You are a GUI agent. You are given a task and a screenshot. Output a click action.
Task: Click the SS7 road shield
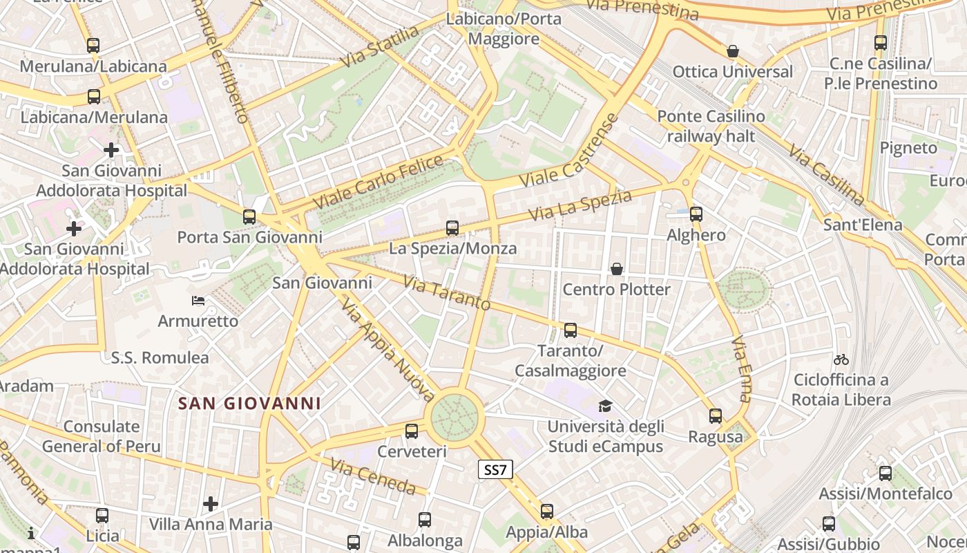pyautogui.click(x=495, y=470)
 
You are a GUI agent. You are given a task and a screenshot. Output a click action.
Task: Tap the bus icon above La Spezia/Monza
pyautogui.click(x=452, y=227)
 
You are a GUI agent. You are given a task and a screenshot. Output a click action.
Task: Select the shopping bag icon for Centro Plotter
pyautogui.click(x=616, y=269)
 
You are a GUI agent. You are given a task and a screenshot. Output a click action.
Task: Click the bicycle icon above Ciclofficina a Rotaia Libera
pyautogui.click(x=841, y=359)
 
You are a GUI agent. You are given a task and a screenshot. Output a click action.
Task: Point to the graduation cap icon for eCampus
pyautogui.click(x=605, y=406)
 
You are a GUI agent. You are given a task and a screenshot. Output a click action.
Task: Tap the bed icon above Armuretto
pyautogui.click(x=198, y=301)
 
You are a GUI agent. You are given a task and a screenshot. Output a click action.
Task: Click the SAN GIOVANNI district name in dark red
pyautogui.click(x=249, y=403)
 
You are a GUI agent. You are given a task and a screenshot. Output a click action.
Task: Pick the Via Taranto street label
pyautogui.click(x=447, y=293)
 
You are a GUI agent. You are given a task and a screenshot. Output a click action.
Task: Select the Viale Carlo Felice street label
pyautogui.click(x=378, y=182)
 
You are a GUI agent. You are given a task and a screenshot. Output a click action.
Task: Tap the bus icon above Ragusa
pyautogui.click(x=716, y=416)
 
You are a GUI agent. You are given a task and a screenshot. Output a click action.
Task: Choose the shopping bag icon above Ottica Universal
pyautogui.click(x=732, y=51)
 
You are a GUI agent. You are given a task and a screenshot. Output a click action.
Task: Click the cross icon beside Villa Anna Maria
pyautogui.click(x=211, y=503)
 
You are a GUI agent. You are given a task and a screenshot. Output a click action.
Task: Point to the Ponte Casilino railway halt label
pyautogui.click(x=711, y=126)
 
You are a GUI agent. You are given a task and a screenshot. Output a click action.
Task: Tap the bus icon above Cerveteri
pyautogui.click(x=412, y=431)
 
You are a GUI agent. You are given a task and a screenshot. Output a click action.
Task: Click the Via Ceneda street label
pyautogui.click(x=373, y=476)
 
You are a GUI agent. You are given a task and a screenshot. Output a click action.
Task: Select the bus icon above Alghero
pyautogui.click(x=696, y=214)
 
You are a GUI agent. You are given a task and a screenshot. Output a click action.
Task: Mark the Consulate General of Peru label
pyautogui.click(x=101, y=436)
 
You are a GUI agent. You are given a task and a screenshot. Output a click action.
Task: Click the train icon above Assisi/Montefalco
pyautogui.click(x=885, y=474)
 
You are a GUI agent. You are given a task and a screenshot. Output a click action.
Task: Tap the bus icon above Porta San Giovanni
pyautogui.click(x=249, y=217)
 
